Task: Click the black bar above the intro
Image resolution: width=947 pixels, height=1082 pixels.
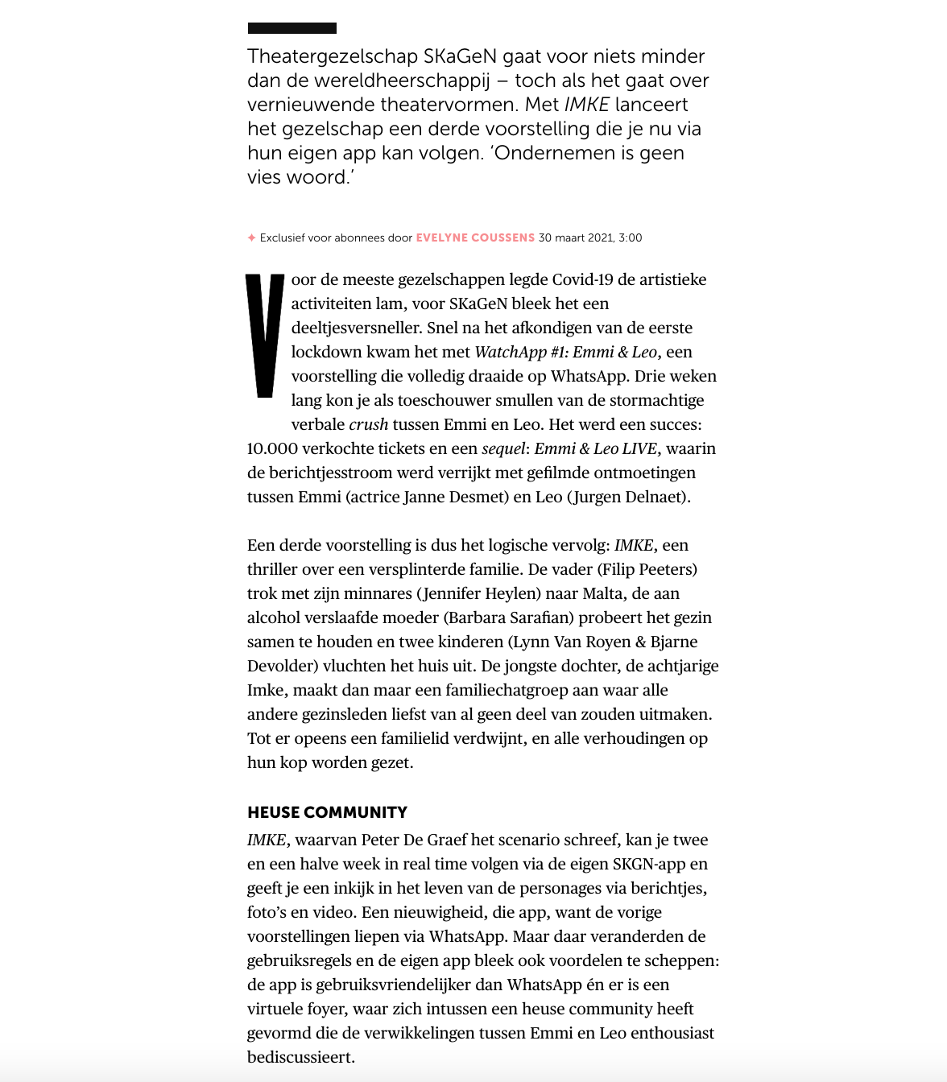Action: click(292, 28)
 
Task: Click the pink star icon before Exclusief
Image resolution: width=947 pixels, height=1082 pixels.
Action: click(251, 238)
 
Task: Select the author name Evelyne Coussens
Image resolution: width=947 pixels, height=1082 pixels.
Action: click(475, 238)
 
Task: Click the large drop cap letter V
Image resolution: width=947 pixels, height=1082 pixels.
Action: click(265, 336)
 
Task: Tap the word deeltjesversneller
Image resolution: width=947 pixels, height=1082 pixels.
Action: click(357, 328)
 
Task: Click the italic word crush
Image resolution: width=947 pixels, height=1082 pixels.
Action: click(368, 425)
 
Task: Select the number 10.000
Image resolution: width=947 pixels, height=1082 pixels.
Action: click(272, 449)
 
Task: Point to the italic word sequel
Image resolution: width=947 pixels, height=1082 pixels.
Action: click(502, 449)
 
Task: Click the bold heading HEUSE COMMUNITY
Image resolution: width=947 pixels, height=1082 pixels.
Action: click(327, 812)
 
